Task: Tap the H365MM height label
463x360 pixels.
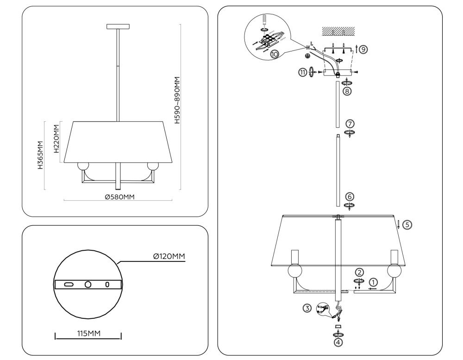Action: (41, 155)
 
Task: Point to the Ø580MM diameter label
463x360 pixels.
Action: (119, 197)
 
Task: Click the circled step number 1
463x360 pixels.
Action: (374, 282)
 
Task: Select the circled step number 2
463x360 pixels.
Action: (359, 273)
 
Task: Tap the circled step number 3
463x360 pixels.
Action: (307, 308)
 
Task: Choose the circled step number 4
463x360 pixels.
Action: (338, 342)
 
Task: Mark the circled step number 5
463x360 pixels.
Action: (407, 225)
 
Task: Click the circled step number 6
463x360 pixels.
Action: (350, 196)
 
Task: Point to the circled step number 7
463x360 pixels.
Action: (350, 124)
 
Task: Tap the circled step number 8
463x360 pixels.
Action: (347, 91)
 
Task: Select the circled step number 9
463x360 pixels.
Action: (364, 49)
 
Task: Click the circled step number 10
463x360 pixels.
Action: (275, 54)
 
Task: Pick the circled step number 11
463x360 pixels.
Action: (303, 72)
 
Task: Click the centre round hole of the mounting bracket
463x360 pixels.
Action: (88, 284)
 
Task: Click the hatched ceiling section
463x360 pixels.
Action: (338, 31)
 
